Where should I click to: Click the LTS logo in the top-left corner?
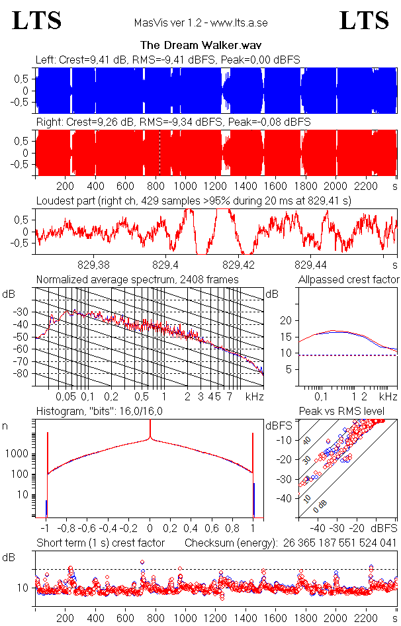tap(37, 21)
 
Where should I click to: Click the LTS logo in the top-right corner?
tap(364, 21)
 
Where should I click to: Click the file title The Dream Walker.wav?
tap(200, 46)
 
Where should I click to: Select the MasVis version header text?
tap(200, 23)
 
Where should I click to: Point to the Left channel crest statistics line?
tap(168, 60)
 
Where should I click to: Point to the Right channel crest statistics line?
tap(173, 122)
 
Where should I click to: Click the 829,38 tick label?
tap(94, 264)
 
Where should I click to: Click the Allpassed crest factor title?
tap(349, 279)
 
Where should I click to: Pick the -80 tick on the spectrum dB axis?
tap(24, 374)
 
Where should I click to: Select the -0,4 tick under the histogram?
tap(109, 529)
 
